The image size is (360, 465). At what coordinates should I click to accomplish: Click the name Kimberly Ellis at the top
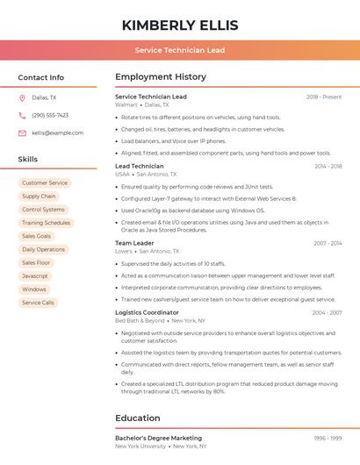[180, 25]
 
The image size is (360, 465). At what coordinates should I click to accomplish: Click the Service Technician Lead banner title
[180, 50]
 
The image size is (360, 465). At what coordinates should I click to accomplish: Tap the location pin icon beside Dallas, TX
[22, 97]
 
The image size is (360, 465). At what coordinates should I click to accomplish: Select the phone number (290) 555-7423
[50, 115]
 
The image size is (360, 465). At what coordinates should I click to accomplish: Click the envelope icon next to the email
[22, 132]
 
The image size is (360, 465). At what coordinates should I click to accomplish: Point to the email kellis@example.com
[57, 132]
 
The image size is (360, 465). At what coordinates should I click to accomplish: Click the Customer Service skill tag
[45, 183]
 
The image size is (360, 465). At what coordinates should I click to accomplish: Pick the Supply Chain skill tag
[39, 197]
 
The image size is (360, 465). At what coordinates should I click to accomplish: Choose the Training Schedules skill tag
[46, 223]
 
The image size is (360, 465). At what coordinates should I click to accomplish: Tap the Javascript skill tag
[35, 275]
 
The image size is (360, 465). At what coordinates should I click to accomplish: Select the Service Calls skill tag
[38, 303]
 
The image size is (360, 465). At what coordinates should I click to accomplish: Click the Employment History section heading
[161, 77]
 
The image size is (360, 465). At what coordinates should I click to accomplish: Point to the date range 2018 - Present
[324, 97]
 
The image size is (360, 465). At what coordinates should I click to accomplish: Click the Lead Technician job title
[140, 166]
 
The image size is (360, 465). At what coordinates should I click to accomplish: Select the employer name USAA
[122, 175]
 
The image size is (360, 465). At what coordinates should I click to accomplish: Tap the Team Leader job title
[134, 243]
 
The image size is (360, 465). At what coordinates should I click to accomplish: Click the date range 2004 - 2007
[327, 312]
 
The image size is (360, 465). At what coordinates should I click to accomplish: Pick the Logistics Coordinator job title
[147, 312]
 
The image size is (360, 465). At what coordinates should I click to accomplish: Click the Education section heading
[138, 418]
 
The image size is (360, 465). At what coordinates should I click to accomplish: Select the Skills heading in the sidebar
[28, 160]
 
